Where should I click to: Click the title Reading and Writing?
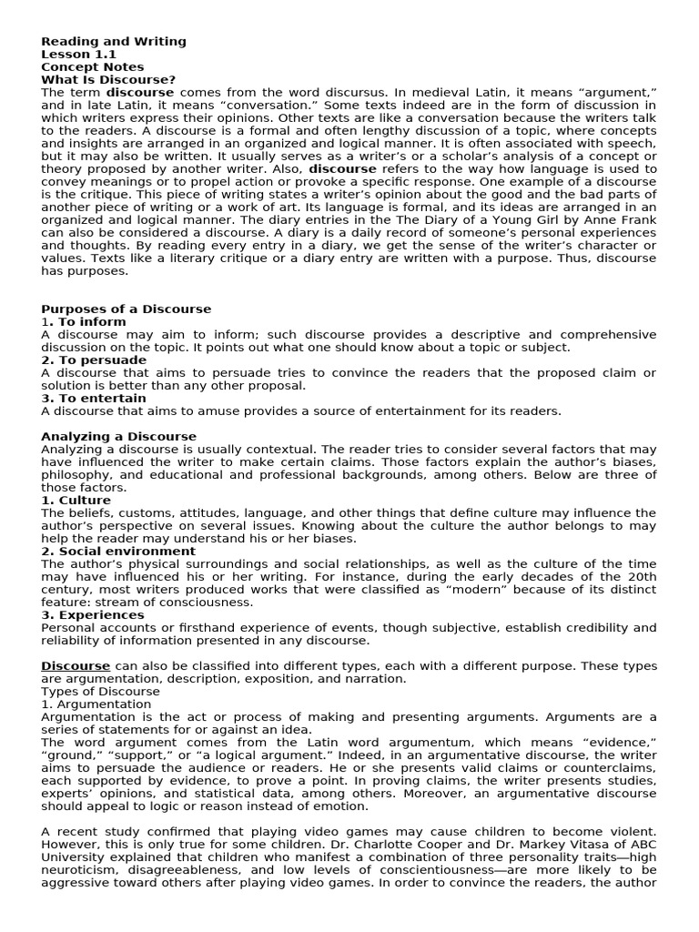pos(114,41)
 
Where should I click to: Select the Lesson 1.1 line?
pos(78,54)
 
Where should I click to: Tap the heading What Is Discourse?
pos(108,79)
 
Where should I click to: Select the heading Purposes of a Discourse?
pos(126,309)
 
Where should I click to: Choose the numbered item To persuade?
pos(94,360)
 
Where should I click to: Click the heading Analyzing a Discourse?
pos(118,436)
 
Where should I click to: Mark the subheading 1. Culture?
pos(76,500)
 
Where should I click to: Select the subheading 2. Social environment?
pos(118,551)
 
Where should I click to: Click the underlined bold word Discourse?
pos(76,665)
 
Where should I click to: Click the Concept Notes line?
pos(92,66)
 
